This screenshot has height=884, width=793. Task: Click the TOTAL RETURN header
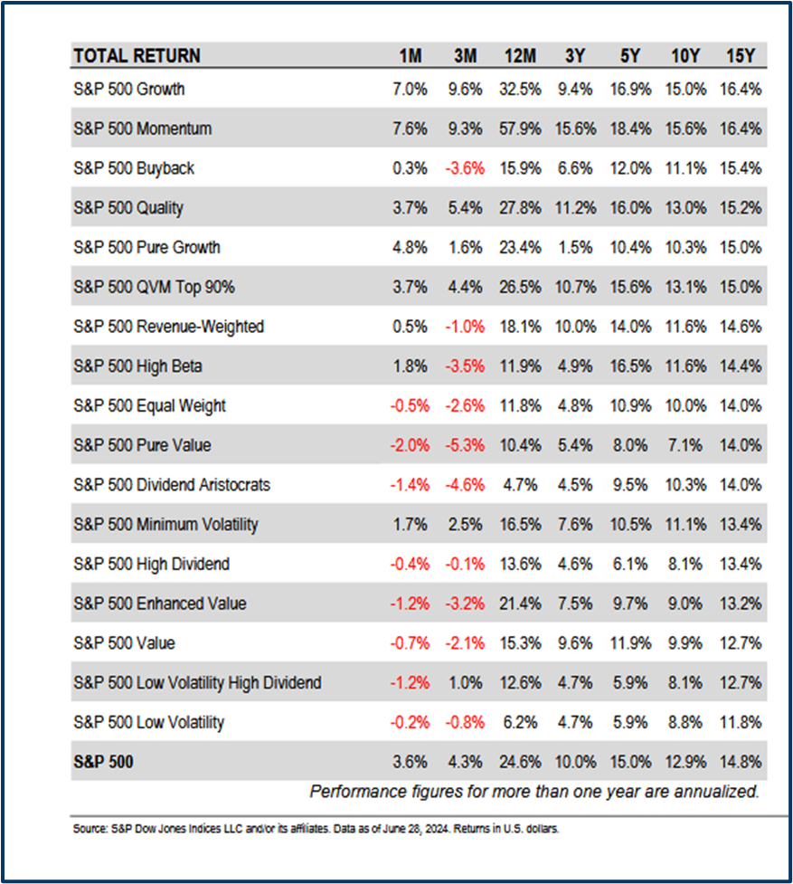pos(137,56)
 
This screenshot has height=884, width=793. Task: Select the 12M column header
pos(519,56)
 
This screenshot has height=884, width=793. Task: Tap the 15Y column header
pos(741,56)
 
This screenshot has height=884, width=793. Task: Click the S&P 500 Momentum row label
pos(143,128)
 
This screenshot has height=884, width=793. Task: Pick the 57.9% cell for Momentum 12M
pos(519,128)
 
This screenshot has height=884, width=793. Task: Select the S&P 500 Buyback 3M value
pos(464,168)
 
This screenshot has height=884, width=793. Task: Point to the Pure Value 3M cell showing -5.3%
pos(464,445)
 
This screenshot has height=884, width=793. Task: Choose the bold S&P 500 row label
pos(103,762)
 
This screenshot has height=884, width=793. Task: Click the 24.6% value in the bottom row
pos(519,762)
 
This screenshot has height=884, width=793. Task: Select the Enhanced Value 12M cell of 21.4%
pos(519,604)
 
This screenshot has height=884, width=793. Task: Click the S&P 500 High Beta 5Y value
pos(630,366)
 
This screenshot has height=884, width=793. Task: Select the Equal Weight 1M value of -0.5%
pos(409,405)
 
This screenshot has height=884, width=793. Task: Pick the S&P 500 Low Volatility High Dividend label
pos(197,682)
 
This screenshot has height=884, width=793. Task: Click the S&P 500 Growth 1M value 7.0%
pos(411,90)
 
